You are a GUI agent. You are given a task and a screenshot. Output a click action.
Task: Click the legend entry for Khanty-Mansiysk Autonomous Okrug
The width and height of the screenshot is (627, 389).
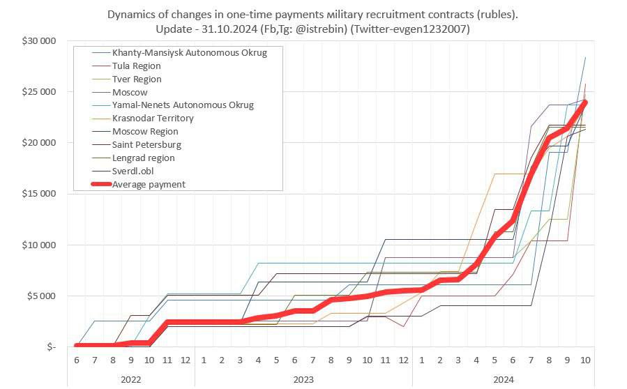[189, 52]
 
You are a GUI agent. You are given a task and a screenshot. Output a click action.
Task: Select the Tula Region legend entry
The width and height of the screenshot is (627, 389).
[136, 66]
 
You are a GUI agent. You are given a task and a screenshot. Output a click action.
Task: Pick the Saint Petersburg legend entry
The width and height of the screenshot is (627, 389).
[146, 144]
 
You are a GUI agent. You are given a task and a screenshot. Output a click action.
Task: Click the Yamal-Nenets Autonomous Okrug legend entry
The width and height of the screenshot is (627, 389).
[183, 105]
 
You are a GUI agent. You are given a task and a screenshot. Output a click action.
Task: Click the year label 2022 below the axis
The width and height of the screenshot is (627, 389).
[131, 379]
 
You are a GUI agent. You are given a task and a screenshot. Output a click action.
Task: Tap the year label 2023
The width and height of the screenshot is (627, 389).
[303, 379]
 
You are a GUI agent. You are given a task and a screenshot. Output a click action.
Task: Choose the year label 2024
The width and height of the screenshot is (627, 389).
[504, 379]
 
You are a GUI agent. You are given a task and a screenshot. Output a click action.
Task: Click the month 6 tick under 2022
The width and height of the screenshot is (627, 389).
[76, 360]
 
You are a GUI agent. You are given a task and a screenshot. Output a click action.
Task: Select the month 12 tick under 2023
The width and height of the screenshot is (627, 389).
[403, 360]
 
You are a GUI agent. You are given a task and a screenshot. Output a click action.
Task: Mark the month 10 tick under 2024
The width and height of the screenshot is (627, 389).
[585, 360]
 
